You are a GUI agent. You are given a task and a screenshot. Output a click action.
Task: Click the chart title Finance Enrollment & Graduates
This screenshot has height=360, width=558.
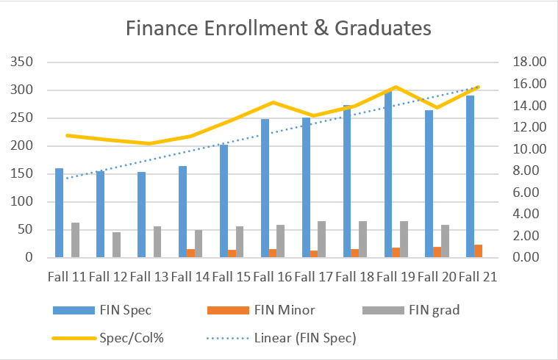click(279, 28)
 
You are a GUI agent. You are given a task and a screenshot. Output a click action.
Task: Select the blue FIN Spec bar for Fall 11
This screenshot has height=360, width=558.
click(60, 213)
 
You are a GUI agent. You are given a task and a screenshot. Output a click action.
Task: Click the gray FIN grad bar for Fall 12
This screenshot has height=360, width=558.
click(116, 245)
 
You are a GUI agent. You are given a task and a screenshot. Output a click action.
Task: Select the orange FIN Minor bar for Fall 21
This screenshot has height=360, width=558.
click(478, 251)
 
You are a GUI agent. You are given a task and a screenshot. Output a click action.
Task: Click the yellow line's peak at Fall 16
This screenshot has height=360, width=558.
click(273, 102)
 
